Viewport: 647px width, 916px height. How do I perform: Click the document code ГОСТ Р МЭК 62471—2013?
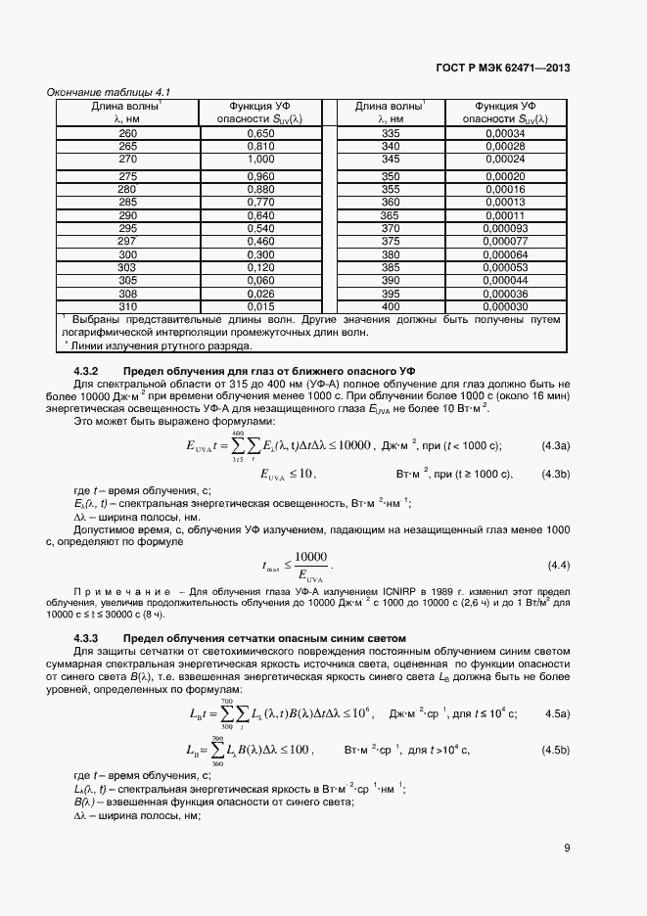[x=503, y=68]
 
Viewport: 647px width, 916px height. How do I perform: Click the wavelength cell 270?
[x=127, y=159]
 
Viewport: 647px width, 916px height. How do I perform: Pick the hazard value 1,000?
[x=260, y=159]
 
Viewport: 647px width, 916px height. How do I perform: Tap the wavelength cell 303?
[x=127, y=266]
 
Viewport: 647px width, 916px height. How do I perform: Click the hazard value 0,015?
[x=260, y=306]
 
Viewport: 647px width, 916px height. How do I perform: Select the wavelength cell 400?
[x=391, y=306]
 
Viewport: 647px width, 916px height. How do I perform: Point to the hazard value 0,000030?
[x=506, y=306]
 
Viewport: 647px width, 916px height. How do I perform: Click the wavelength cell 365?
[x=391, y=215]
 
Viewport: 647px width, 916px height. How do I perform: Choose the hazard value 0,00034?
[x=506, y=133]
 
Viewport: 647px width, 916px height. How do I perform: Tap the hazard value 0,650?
[x=260, y=133]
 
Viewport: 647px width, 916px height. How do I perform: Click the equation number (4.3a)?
[x=556, y=445]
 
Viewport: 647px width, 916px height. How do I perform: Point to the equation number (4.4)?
[x=559, y=566]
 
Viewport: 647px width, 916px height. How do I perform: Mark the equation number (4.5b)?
[x=556, y=750]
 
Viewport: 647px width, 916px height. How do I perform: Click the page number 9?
[x=567, y=848]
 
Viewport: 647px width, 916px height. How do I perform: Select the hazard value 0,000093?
[x=506, y=227]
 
